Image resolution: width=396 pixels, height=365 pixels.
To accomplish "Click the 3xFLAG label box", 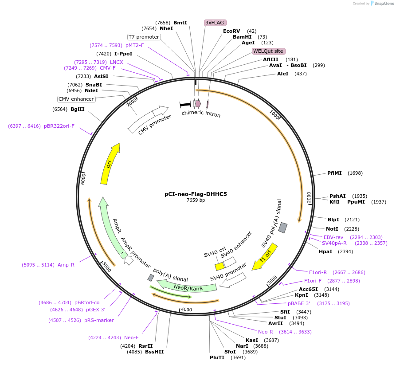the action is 215,23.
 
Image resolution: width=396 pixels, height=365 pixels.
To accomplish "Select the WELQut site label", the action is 268,51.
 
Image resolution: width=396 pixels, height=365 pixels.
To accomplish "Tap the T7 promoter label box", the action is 144,37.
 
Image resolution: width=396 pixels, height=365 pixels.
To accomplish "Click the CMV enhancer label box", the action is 76,99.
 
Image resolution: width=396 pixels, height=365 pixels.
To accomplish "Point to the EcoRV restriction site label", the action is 231,31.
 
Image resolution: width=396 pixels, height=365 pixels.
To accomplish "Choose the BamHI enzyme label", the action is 242,37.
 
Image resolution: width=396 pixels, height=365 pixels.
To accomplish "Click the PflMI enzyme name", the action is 334,173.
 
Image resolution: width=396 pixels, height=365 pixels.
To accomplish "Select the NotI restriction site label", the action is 332,229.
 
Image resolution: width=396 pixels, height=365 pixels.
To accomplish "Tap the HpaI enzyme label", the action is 325,251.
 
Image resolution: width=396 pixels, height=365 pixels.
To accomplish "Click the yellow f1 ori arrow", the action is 265,257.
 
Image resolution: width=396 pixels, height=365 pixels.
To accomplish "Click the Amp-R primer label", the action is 66,265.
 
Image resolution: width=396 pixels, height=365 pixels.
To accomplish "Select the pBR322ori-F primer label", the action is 59,126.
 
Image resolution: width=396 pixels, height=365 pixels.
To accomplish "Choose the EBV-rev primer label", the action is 333,237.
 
